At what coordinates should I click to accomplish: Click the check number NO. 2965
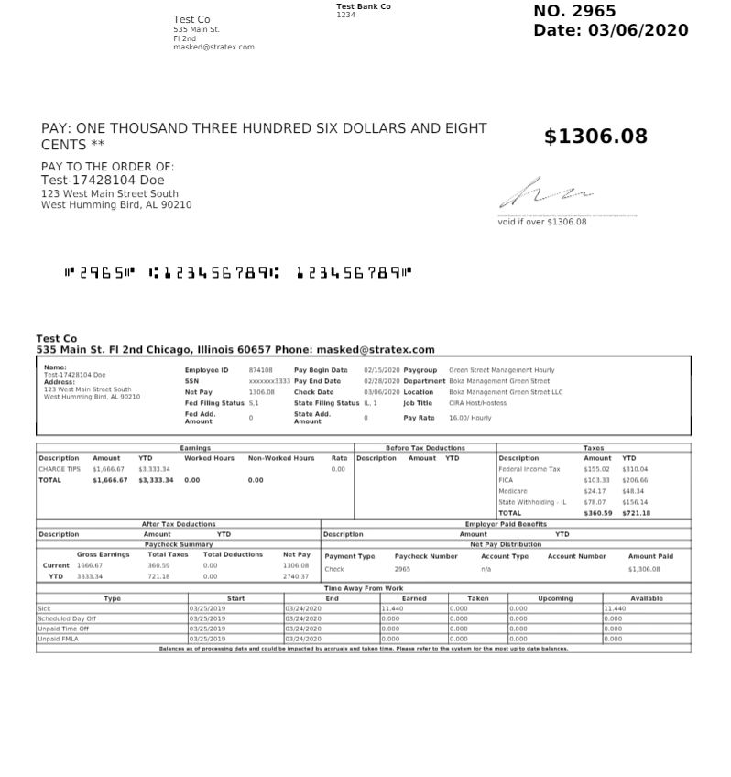pos(574,12)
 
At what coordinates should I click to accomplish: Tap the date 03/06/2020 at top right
pos(611,31)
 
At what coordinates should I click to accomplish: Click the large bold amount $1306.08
pos(595,137)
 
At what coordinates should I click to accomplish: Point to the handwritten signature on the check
pos(546,192)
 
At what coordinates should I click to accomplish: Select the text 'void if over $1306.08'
pos(542,222)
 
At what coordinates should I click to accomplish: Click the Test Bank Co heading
pos(364,6)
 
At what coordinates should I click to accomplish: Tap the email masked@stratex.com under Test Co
pos(213,47)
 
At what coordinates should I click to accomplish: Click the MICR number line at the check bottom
pos(238,272)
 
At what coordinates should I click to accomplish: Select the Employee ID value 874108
pos(260,370)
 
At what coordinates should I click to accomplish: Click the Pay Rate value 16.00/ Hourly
pos(470,418)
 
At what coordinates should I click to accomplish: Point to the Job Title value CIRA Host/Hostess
pos(477,403)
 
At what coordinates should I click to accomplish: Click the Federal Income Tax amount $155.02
pos(596,469)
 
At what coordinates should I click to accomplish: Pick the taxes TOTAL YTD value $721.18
pos(636,513)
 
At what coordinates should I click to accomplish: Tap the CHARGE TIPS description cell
pos(60,469)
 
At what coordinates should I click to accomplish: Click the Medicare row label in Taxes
pos(513,491)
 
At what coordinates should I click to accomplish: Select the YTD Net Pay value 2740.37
pos(296,576)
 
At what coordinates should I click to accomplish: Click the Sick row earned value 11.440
pos(392,608)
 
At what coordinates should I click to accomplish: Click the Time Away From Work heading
pos(363,588)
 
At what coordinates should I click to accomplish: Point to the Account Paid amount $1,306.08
pos(643,569)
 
